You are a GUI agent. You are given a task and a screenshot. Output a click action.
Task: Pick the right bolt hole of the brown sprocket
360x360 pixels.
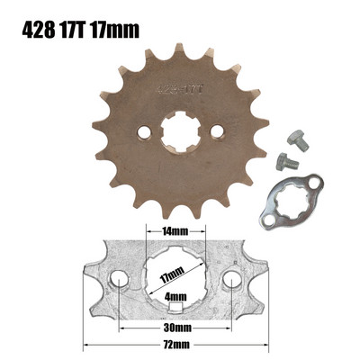[x=216, y=133]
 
